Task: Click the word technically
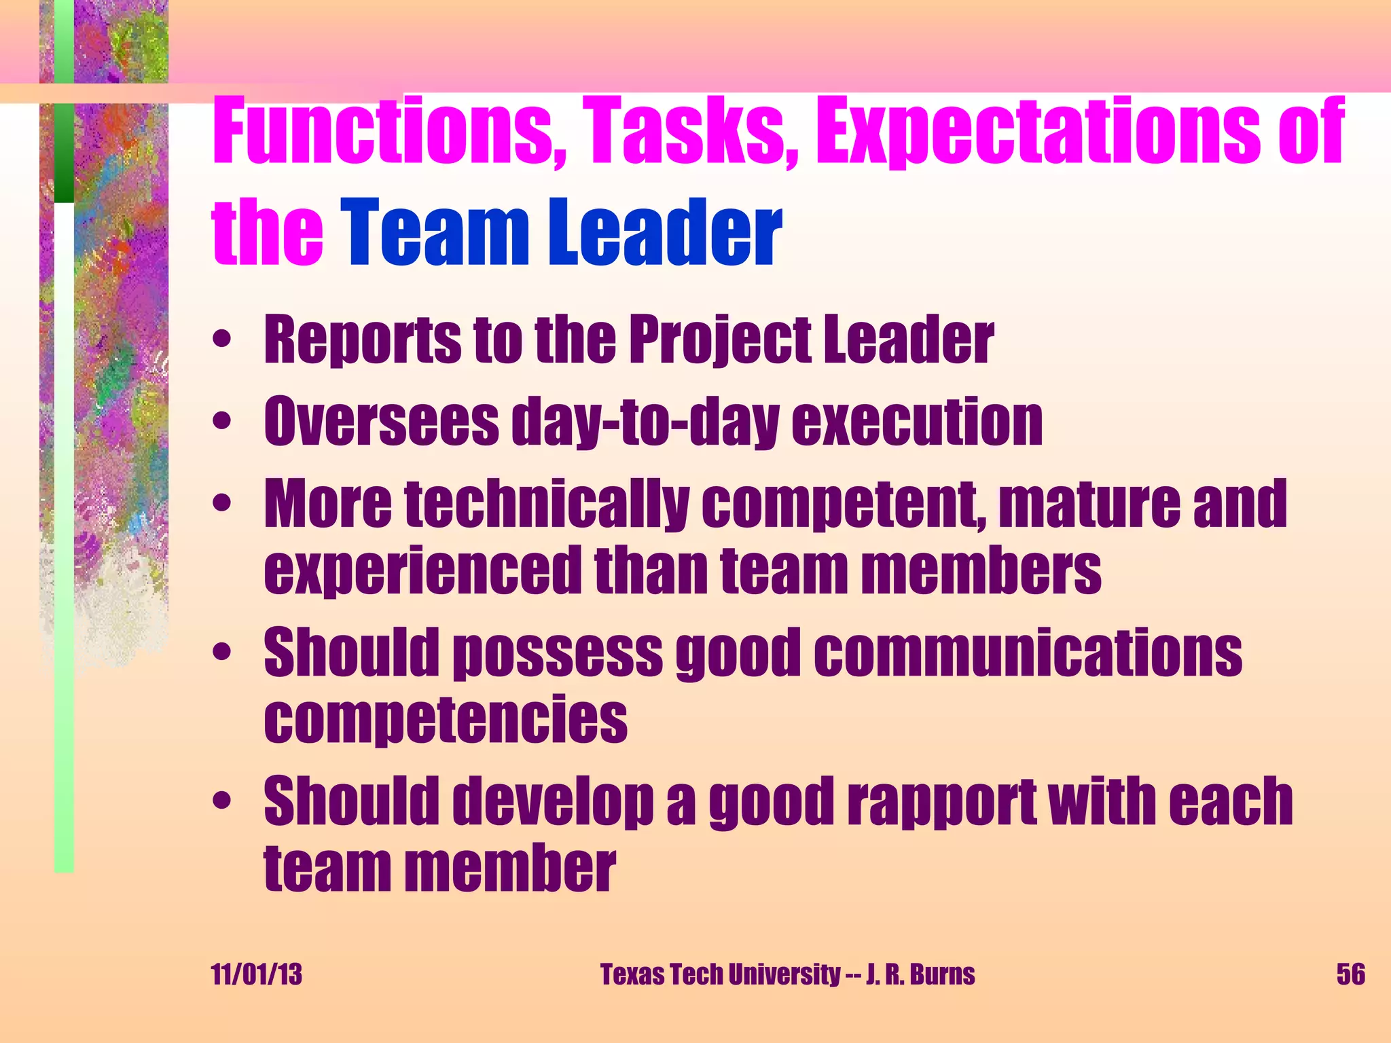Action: coord(547,504)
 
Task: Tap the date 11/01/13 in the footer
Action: coord(257,974)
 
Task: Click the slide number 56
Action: coord(1350,974)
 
